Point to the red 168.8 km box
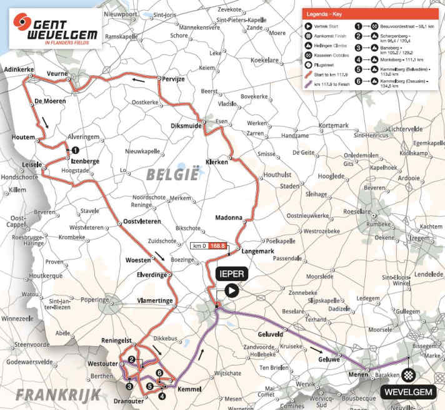[x=218, y=245]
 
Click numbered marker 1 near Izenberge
[x=75, y=150]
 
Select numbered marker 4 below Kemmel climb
[x=162, y=395]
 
